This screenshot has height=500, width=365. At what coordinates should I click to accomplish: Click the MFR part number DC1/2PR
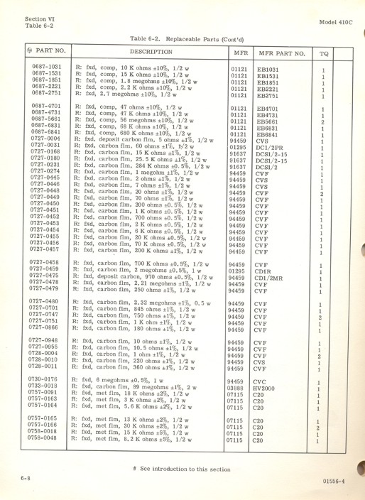pos(271,147)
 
